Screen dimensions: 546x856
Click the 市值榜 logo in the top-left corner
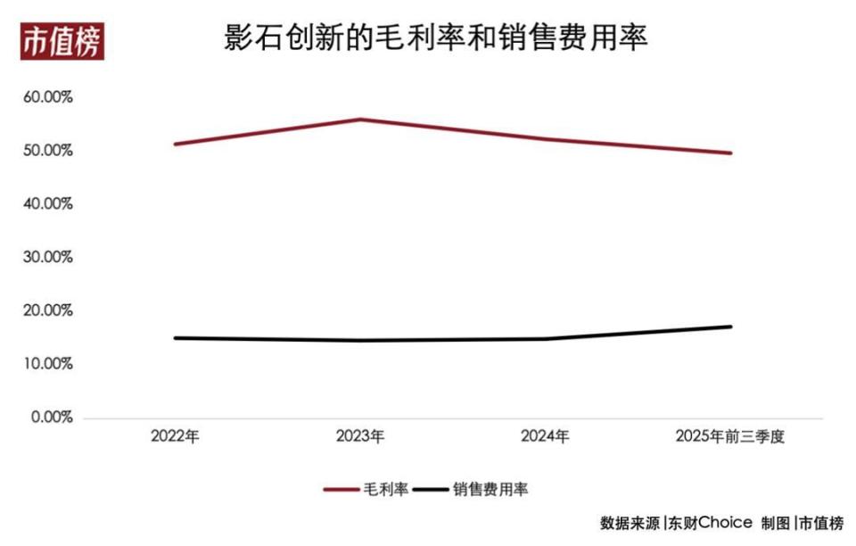click(62, 41)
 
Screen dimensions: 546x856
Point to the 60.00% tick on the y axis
click(48, 97)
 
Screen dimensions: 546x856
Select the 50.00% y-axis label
click(48, 151)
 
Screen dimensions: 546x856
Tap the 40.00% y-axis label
click(48, 204)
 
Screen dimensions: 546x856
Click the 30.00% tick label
click(48, 258)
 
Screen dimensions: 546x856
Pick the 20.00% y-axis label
click(48, 311)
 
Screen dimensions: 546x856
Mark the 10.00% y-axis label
click(48, 365)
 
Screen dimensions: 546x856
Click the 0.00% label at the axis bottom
click(52, 418)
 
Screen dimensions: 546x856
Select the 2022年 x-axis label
click(175, 437)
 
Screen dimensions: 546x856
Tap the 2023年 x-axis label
click(360, 437)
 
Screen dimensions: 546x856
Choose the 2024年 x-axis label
click(545, 437)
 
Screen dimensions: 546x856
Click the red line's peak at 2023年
click(360, 119)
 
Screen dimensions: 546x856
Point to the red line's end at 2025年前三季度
click(730, 153)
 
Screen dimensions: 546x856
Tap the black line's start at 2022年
click(175, 338)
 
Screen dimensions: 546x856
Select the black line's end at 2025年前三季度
click(730, 327)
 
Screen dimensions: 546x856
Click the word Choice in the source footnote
click(725, 523)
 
